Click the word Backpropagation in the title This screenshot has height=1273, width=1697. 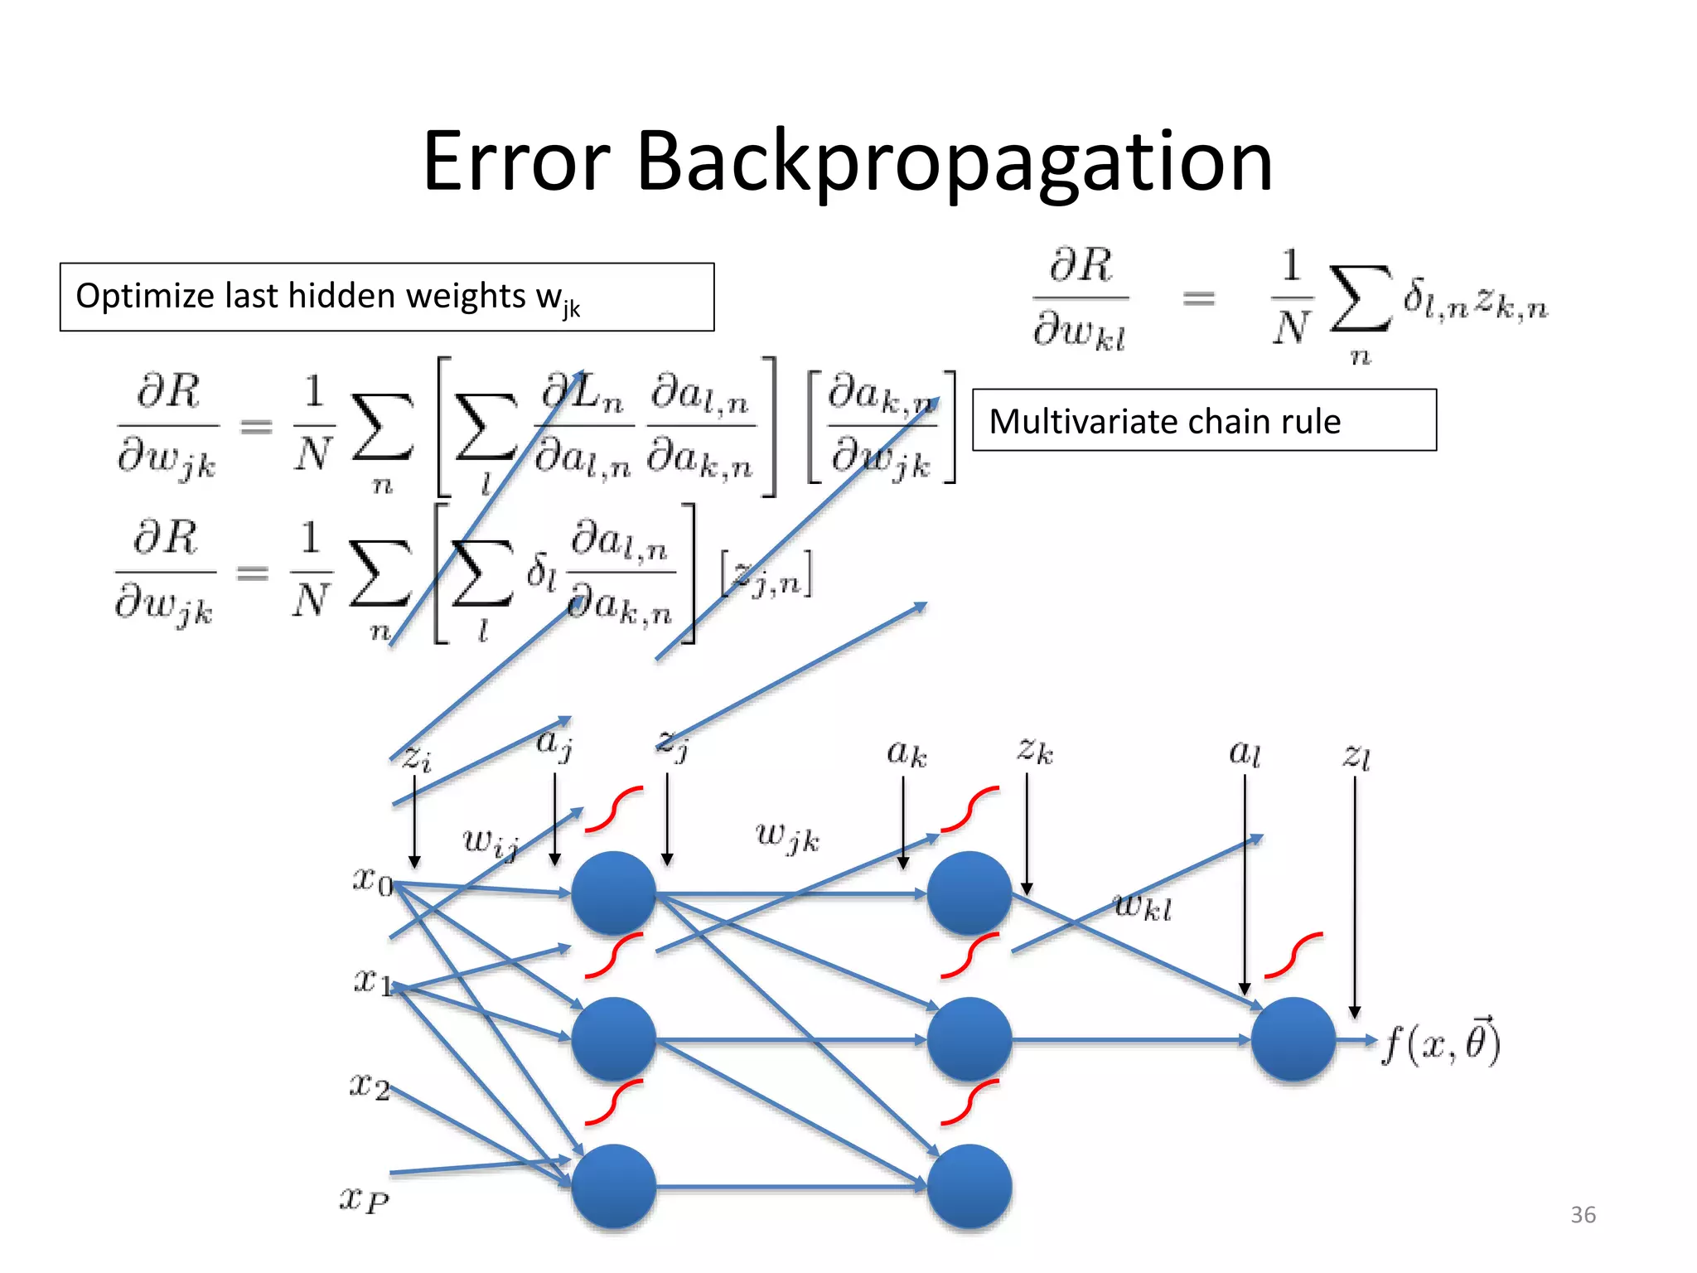954,162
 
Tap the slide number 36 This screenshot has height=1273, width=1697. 1583,1215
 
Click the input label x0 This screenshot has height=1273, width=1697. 372,880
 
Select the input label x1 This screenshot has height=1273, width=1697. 372,981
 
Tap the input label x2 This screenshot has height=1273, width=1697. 369,1085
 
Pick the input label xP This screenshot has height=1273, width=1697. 364,1198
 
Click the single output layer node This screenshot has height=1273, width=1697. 1293,1039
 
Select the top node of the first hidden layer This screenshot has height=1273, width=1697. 613,893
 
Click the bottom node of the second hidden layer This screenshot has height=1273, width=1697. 969,1186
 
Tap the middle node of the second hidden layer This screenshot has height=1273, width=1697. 969,1039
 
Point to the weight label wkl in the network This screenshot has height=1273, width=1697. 1143,907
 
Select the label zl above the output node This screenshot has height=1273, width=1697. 1356,756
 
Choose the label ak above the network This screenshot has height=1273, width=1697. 907,753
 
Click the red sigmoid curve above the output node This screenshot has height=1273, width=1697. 1293,955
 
